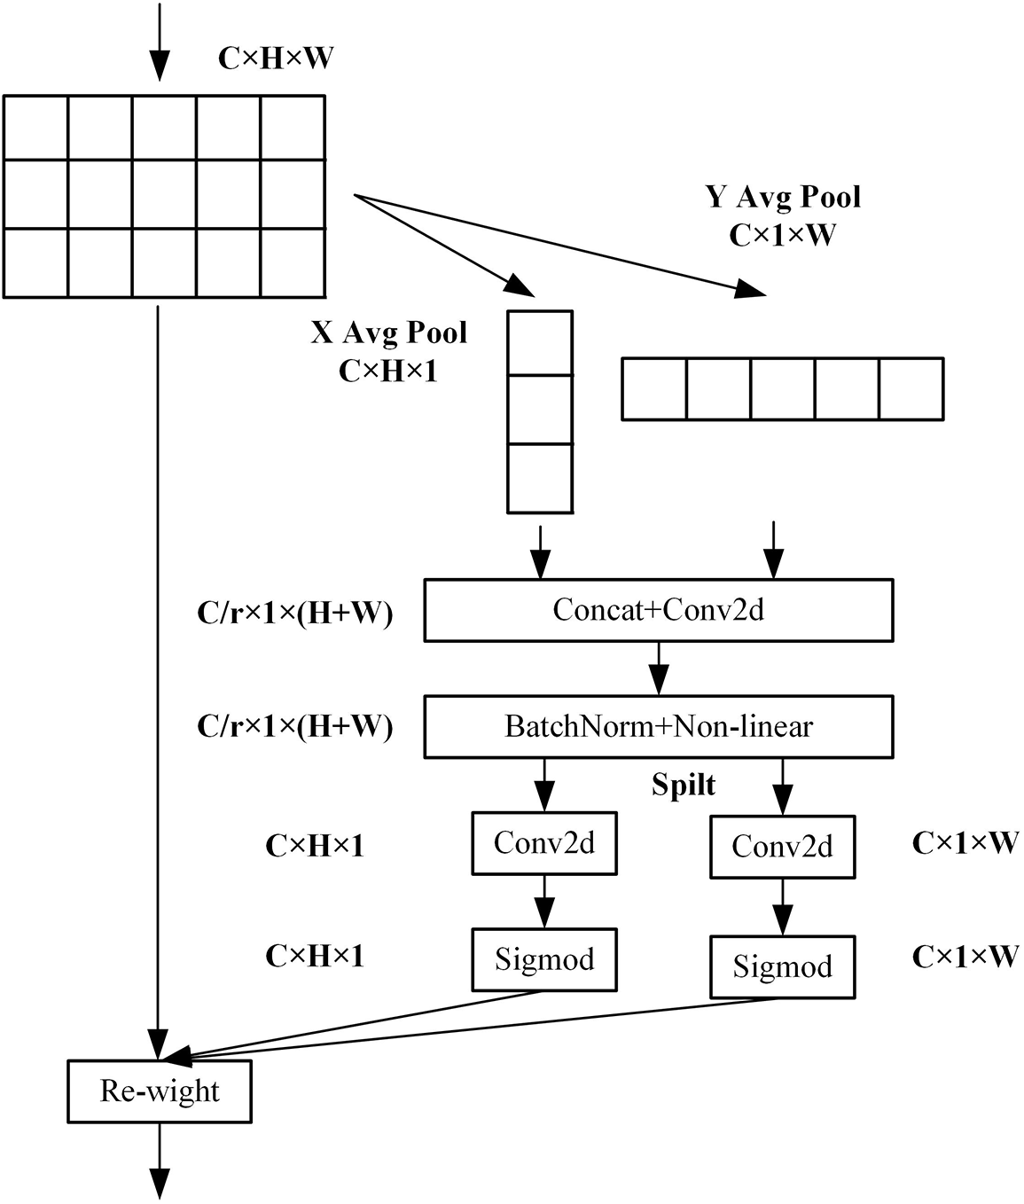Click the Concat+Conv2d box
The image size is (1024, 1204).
(x=658, y=610)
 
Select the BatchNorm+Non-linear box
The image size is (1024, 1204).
(x=658, y=726)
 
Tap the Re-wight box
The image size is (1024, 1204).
(x=160, y=1091)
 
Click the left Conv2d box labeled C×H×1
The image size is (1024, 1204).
(x=543, y=843)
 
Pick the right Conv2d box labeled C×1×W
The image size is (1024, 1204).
(x=782, y=847)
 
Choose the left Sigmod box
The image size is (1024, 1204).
(x=543, y=959)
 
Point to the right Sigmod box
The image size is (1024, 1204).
(x=782, y=966)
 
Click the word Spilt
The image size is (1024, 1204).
(x=684, y=786)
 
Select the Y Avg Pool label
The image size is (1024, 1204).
(x=783, y=196)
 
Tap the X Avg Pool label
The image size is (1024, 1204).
(x=388, y=332)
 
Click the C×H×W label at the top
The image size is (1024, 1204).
(x=276, y=59)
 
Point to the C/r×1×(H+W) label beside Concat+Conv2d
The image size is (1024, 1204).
(x=294, y=613)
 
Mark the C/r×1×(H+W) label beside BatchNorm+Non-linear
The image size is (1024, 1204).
(x=294, y=726)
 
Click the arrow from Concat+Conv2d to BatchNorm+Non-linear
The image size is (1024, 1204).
(x=658, y=668)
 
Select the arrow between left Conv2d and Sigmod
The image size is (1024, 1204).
(x=543, y=901)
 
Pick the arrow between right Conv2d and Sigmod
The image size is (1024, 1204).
(x=782, y=906)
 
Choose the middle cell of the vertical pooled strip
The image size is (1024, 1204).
(x=540, y=410)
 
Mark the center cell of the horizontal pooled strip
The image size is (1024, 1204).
(x=783, y=388)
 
